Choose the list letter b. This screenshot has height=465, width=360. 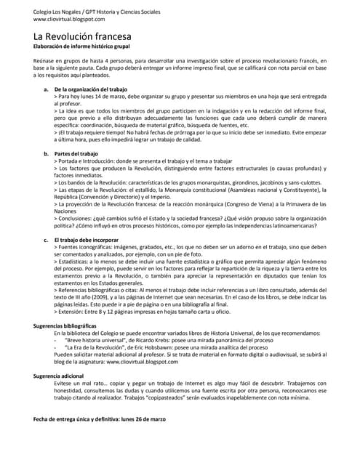pyautogui.click(x=46, y=154)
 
